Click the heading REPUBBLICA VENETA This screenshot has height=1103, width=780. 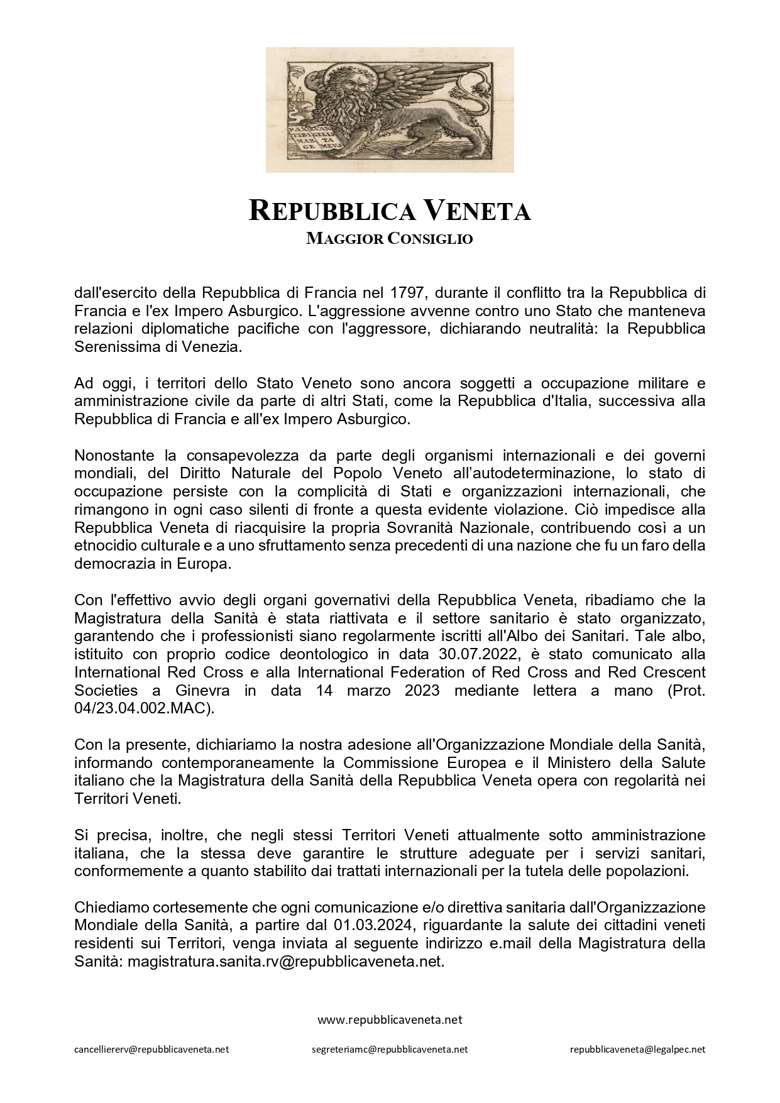(x=390, y=211)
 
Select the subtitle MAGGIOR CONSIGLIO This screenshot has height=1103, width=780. (x=390, y=239)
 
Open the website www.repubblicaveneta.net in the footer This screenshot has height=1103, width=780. (x=390, y=1019)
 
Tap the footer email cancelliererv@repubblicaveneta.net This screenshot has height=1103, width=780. (x=151, y=1049)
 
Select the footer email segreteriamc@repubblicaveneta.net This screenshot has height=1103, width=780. (x=390, y=1049)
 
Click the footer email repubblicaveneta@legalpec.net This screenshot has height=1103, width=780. (x=637, y=1049)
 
